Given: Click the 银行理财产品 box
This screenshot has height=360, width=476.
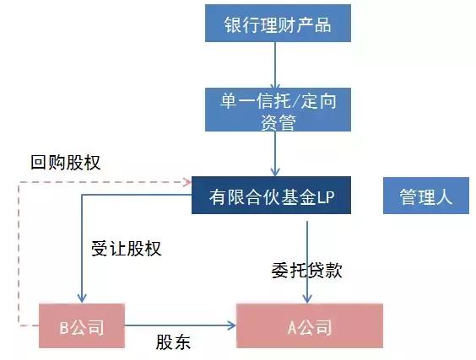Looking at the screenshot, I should point(276,24).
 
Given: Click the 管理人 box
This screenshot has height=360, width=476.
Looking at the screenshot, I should point(426,196).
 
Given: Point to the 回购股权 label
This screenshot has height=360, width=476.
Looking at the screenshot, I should point(65,162).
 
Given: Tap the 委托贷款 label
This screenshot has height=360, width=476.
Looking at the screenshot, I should point(306,271).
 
